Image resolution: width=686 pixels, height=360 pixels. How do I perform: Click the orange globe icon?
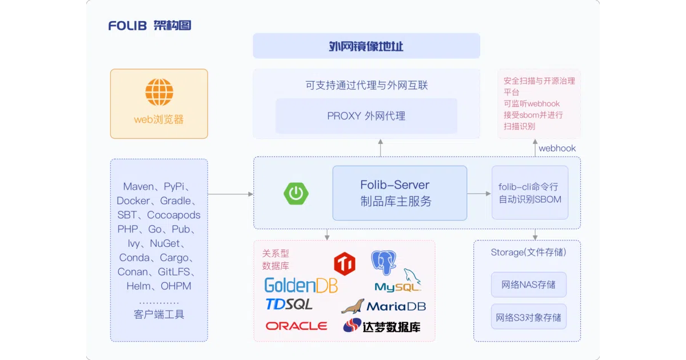[159, 92]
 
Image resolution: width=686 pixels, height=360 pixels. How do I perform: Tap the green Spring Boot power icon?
[296, 194]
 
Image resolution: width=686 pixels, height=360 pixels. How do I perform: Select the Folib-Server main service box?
[400, 193]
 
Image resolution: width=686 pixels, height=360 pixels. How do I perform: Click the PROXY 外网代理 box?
[366, 115]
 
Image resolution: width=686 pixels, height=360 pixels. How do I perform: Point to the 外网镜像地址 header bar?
[366, 46]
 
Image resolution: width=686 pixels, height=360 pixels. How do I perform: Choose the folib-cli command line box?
[530, 193]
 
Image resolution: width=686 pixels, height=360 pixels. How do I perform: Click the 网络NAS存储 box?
[529, 285]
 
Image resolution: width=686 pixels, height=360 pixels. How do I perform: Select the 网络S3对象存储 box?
[529, 317]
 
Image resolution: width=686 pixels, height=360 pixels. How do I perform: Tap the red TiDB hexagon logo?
[345, 263]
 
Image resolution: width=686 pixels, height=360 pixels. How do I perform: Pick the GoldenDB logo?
[301, 285]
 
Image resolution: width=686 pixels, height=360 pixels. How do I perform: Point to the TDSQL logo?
[289, 304]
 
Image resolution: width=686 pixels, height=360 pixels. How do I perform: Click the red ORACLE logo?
[296, 326]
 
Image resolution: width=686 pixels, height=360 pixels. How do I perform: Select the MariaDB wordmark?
[396, 306]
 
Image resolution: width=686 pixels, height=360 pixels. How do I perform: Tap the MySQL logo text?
[397, 287]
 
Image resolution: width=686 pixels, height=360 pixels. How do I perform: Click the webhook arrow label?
[557, 148]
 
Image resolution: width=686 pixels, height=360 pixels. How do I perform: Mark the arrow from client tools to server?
[230, 194]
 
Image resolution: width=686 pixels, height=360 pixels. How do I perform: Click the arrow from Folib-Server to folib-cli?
[479, 194]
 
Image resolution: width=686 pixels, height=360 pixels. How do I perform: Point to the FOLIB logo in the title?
[127, 26]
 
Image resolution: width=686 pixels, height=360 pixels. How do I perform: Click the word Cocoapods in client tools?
[174, 215]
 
